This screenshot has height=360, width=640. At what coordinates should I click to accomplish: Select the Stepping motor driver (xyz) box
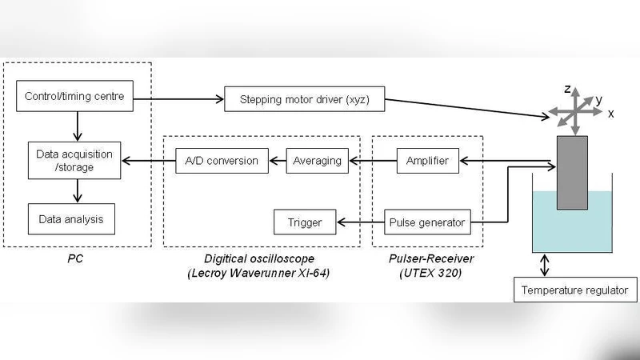pyautogui.click(x=305, y=102)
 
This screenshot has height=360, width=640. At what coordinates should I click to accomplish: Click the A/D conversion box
pyautogui.click(x=217, y=161)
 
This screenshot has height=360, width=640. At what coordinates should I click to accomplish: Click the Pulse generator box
pyautogui.click(x=426, y=222)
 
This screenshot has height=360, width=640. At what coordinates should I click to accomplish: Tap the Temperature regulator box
pyautogui.click(x=575, y=290)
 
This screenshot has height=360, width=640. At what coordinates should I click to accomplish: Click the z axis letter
pyautogui.click(x=566, y=88)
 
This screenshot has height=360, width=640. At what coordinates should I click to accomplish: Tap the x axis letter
pyautogui.click(x=610, y=114)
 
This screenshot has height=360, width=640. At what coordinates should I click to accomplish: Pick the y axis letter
pyautogui.click(x=598, y=98)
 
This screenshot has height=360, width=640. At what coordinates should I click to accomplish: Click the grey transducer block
pyautogui.click(x=572, y=172)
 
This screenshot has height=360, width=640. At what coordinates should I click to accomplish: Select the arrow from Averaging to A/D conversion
pyautogui.click(x=275, y=161)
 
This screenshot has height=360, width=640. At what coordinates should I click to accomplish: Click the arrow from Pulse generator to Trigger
pyautogui.click(x=355, y=222)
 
